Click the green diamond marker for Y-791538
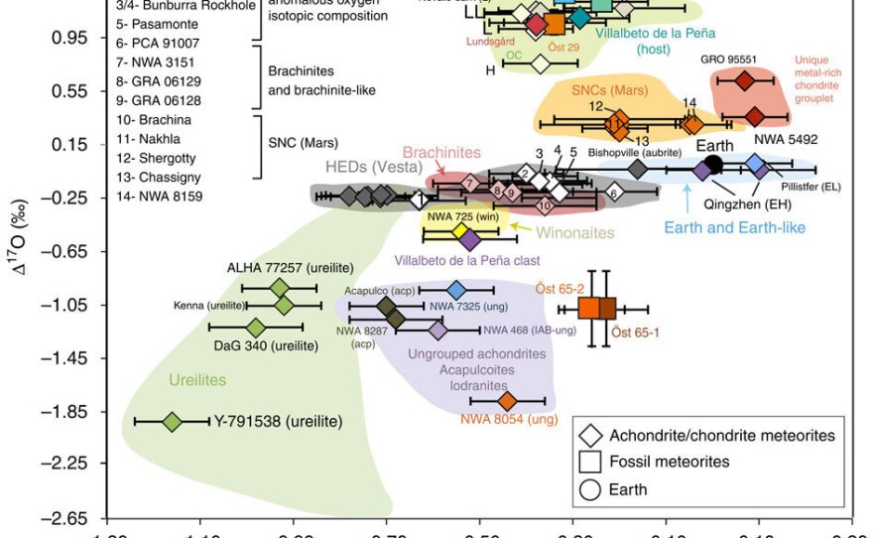(172, 422)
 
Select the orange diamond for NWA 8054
(507, 401)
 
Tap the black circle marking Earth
(712, 165)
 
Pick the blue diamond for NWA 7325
(456, 290)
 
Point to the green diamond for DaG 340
(255, 328)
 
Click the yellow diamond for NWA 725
(460, 230)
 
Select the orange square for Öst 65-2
(589, 308)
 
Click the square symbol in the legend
(591, 462)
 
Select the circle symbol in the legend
(591, 488)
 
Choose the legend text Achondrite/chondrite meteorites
(721, 436)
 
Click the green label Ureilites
(196, 380)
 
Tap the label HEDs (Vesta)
(369, 167)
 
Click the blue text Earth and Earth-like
(733, 228)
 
